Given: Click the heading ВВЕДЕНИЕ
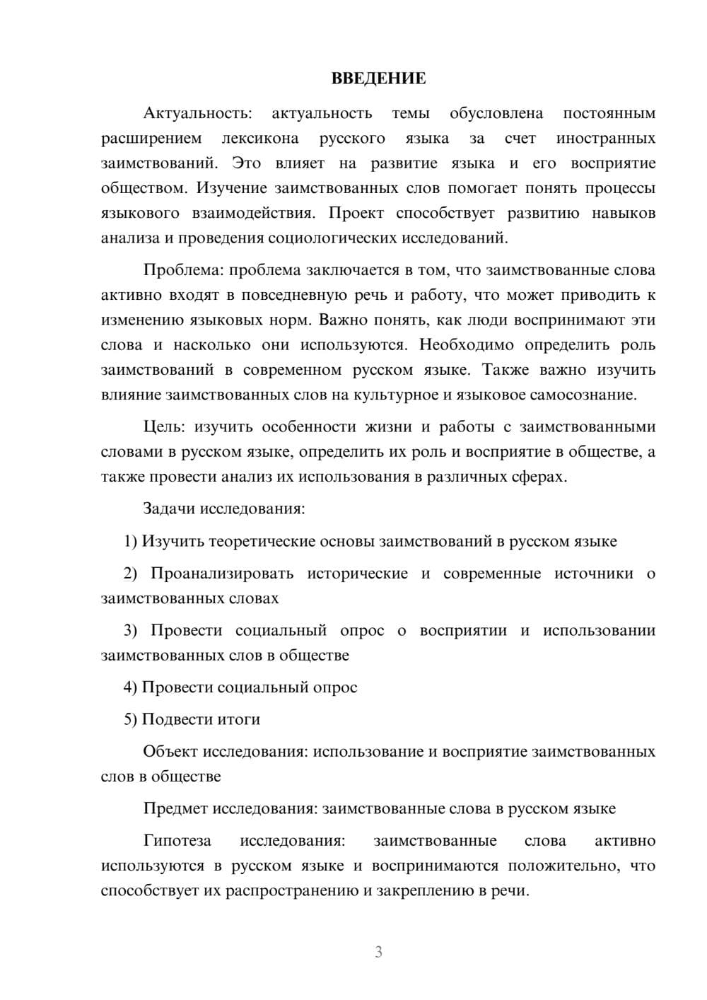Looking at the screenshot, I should [x=378, y=79].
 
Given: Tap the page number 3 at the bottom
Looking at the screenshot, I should [x=378, y=952].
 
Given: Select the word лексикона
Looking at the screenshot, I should [x=260, y=138].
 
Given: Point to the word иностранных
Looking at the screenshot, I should [x=605, y=138].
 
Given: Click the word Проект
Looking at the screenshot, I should [x=356, y=213].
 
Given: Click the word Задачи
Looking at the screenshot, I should [x=170, y=508].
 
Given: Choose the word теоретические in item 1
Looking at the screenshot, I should [x=264, y=541].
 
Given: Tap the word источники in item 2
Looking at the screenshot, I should [x=594, y=573].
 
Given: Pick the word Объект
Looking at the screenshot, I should [x=170, y=751].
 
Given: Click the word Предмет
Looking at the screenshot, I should [x=175, y=808].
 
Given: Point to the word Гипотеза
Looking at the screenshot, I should [x=177, y=840].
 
